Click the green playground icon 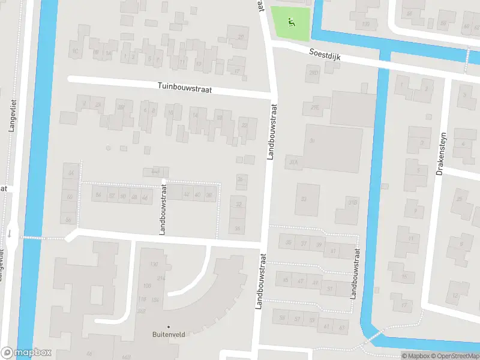pos(291,23)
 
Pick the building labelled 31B pos(352,202)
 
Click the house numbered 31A pos(293,161)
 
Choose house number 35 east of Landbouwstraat pos(289,243)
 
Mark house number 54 pos(98,196)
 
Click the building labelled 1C pos(75,51)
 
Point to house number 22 pos(244,125)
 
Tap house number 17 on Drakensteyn pos(403,305)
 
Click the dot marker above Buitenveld pos(168,327)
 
